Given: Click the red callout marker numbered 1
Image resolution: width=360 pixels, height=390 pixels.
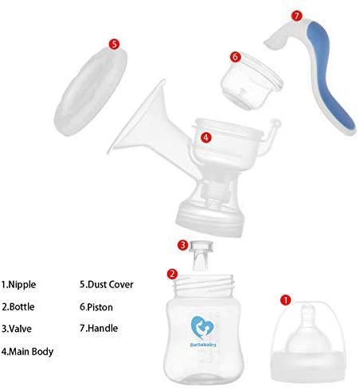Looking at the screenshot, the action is [286, 300].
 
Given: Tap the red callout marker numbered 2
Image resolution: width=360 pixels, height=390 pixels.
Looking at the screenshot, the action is [172, 274].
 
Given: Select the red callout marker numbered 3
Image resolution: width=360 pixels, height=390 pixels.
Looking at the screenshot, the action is [182, 244].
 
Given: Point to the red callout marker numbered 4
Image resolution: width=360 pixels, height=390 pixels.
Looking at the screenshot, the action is [206, 137].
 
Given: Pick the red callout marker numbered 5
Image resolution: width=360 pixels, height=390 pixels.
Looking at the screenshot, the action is [114, 44].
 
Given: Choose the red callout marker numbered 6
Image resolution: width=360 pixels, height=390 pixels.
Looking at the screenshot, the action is [236, 57].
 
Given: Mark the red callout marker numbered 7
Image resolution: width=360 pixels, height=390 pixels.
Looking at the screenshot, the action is [296, 16].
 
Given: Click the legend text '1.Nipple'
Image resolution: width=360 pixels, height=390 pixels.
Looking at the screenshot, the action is [18, 284].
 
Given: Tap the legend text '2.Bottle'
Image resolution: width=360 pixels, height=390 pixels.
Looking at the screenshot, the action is [18, 306].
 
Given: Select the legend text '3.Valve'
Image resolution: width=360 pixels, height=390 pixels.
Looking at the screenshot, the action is [17, 329].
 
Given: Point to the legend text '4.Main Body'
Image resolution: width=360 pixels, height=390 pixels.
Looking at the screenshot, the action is [27, 352].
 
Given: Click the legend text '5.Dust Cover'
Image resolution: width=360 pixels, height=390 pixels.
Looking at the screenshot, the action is [107, 284].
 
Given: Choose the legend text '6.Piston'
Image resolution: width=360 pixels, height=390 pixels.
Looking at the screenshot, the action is [96, 307].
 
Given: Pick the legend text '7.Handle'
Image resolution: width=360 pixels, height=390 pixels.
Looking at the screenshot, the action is [99, 328].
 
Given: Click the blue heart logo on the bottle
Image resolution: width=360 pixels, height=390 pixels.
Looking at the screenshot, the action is [203, 327].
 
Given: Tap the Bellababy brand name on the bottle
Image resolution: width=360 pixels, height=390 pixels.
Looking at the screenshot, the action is [203, 345].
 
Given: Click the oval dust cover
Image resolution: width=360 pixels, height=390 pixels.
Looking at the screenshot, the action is [91, 91].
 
